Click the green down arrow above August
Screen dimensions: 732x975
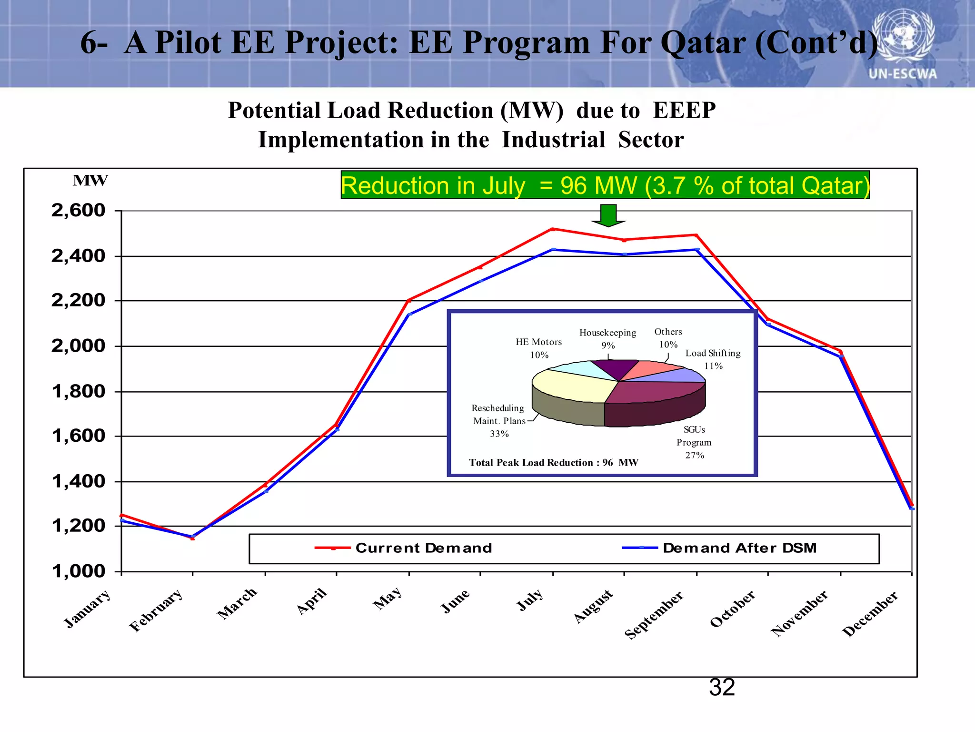click(608, 216)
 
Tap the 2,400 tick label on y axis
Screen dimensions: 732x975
click(78, 256)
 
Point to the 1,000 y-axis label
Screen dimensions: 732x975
click(78, 571)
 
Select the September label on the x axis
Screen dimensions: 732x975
click(654, 615)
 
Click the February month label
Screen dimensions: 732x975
click(156, 610)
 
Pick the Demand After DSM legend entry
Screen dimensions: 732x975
click(720, 548)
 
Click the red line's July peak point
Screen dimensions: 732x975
click(553, 229)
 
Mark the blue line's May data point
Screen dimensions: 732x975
click(409, 315)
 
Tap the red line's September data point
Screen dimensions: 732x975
click(696, 235)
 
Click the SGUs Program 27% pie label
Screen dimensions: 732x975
click(694, 442)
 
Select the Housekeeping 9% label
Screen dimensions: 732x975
click(607, 338)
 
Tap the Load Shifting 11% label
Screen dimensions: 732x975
click(713, 359)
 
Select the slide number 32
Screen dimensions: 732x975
click(722, 688)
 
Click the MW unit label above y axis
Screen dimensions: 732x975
click(90, 181)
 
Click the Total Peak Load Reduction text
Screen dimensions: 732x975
click(553, 463)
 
